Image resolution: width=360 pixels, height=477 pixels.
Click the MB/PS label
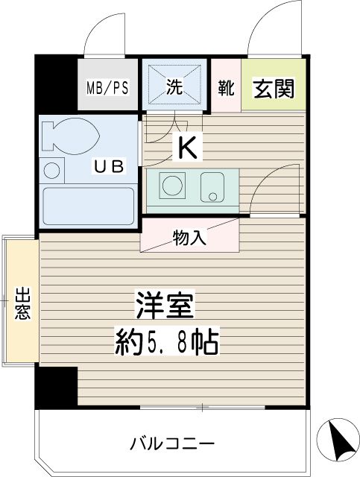tap(108, 87)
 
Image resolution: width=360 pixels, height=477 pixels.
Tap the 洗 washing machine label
tap(174, 86)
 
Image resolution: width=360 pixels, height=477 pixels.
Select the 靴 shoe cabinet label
tap(226, 88)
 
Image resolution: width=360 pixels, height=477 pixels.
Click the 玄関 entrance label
tap(274, 89)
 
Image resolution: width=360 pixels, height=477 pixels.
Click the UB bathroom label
tap(109, 166)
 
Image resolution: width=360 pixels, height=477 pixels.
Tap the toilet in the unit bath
tap(69, 136)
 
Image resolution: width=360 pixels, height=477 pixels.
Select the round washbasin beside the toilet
tap(51, 171)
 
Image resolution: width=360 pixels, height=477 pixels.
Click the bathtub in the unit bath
tap(88, 206)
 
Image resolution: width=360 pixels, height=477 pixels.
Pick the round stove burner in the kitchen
tap(172, 185)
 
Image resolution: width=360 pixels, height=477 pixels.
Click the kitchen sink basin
tap(212, 187)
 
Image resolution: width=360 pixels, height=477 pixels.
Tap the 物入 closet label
tap(190, 238)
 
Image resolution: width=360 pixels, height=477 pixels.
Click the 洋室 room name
tap(165, 305)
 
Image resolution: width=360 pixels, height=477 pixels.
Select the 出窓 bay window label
tap(23, 303)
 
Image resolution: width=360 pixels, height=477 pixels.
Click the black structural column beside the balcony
tap(57, 388)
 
